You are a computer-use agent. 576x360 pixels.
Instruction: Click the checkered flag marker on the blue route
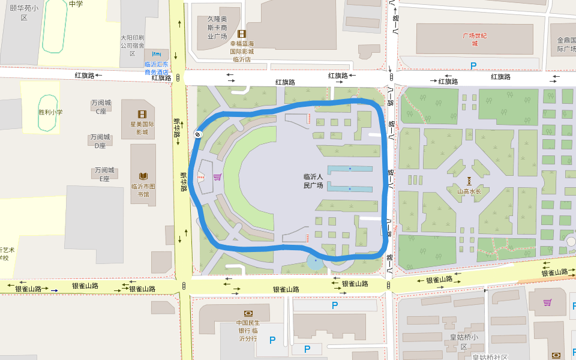click(x=197, y=134)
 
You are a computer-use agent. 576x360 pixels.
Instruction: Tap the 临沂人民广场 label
click(x=313, y=181)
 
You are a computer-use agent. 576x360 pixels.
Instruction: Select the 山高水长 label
click(x=469, y=192)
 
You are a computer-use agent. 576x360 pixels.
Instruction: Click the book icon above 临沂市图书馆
click(x=143, y=176)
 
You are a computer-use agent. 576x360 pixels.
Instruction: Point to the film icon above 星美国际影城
click(x=142, y=114)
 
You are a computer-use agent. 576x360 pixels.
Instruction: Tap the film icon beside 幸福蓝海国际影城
click(x=242, y=34)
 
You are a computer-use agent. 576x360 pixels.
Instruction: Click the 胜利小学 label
click(x=50, y=112)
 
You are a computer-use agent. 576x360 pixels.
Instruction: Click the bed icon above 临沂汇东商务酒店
click(x=157, y=54)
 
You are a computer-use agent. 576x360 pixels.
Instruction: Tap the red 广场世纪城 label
click(x=474, y=39)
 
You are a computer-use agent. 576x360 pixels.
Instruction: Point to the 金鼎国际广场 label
click(x=565, y=44)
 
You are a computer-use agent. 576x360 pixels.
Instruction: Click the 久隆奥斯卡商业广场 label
click(x=217, y=28)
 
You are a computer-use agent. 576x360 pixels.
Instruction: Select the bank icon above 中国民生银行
click(x=248, y=313)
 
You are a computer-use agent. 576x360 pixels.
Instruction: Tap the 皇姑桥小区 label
click(x=464, y=341)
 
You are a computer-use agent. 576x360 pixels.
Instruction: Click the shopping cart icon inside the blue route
click(x=217, y=176)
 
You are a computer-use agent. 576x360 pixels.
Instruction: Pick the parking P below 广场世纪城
click(x=473, y=66)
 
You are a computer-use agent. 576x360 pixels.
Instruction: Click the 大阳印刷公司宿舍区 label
click(x=132, y=45)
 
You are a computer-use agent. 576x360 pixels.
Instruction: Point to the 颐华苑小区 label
click(x=24, y=13)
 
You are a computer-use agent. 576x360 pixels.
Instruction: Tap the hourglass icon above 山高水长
click(x=469, y=181)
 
